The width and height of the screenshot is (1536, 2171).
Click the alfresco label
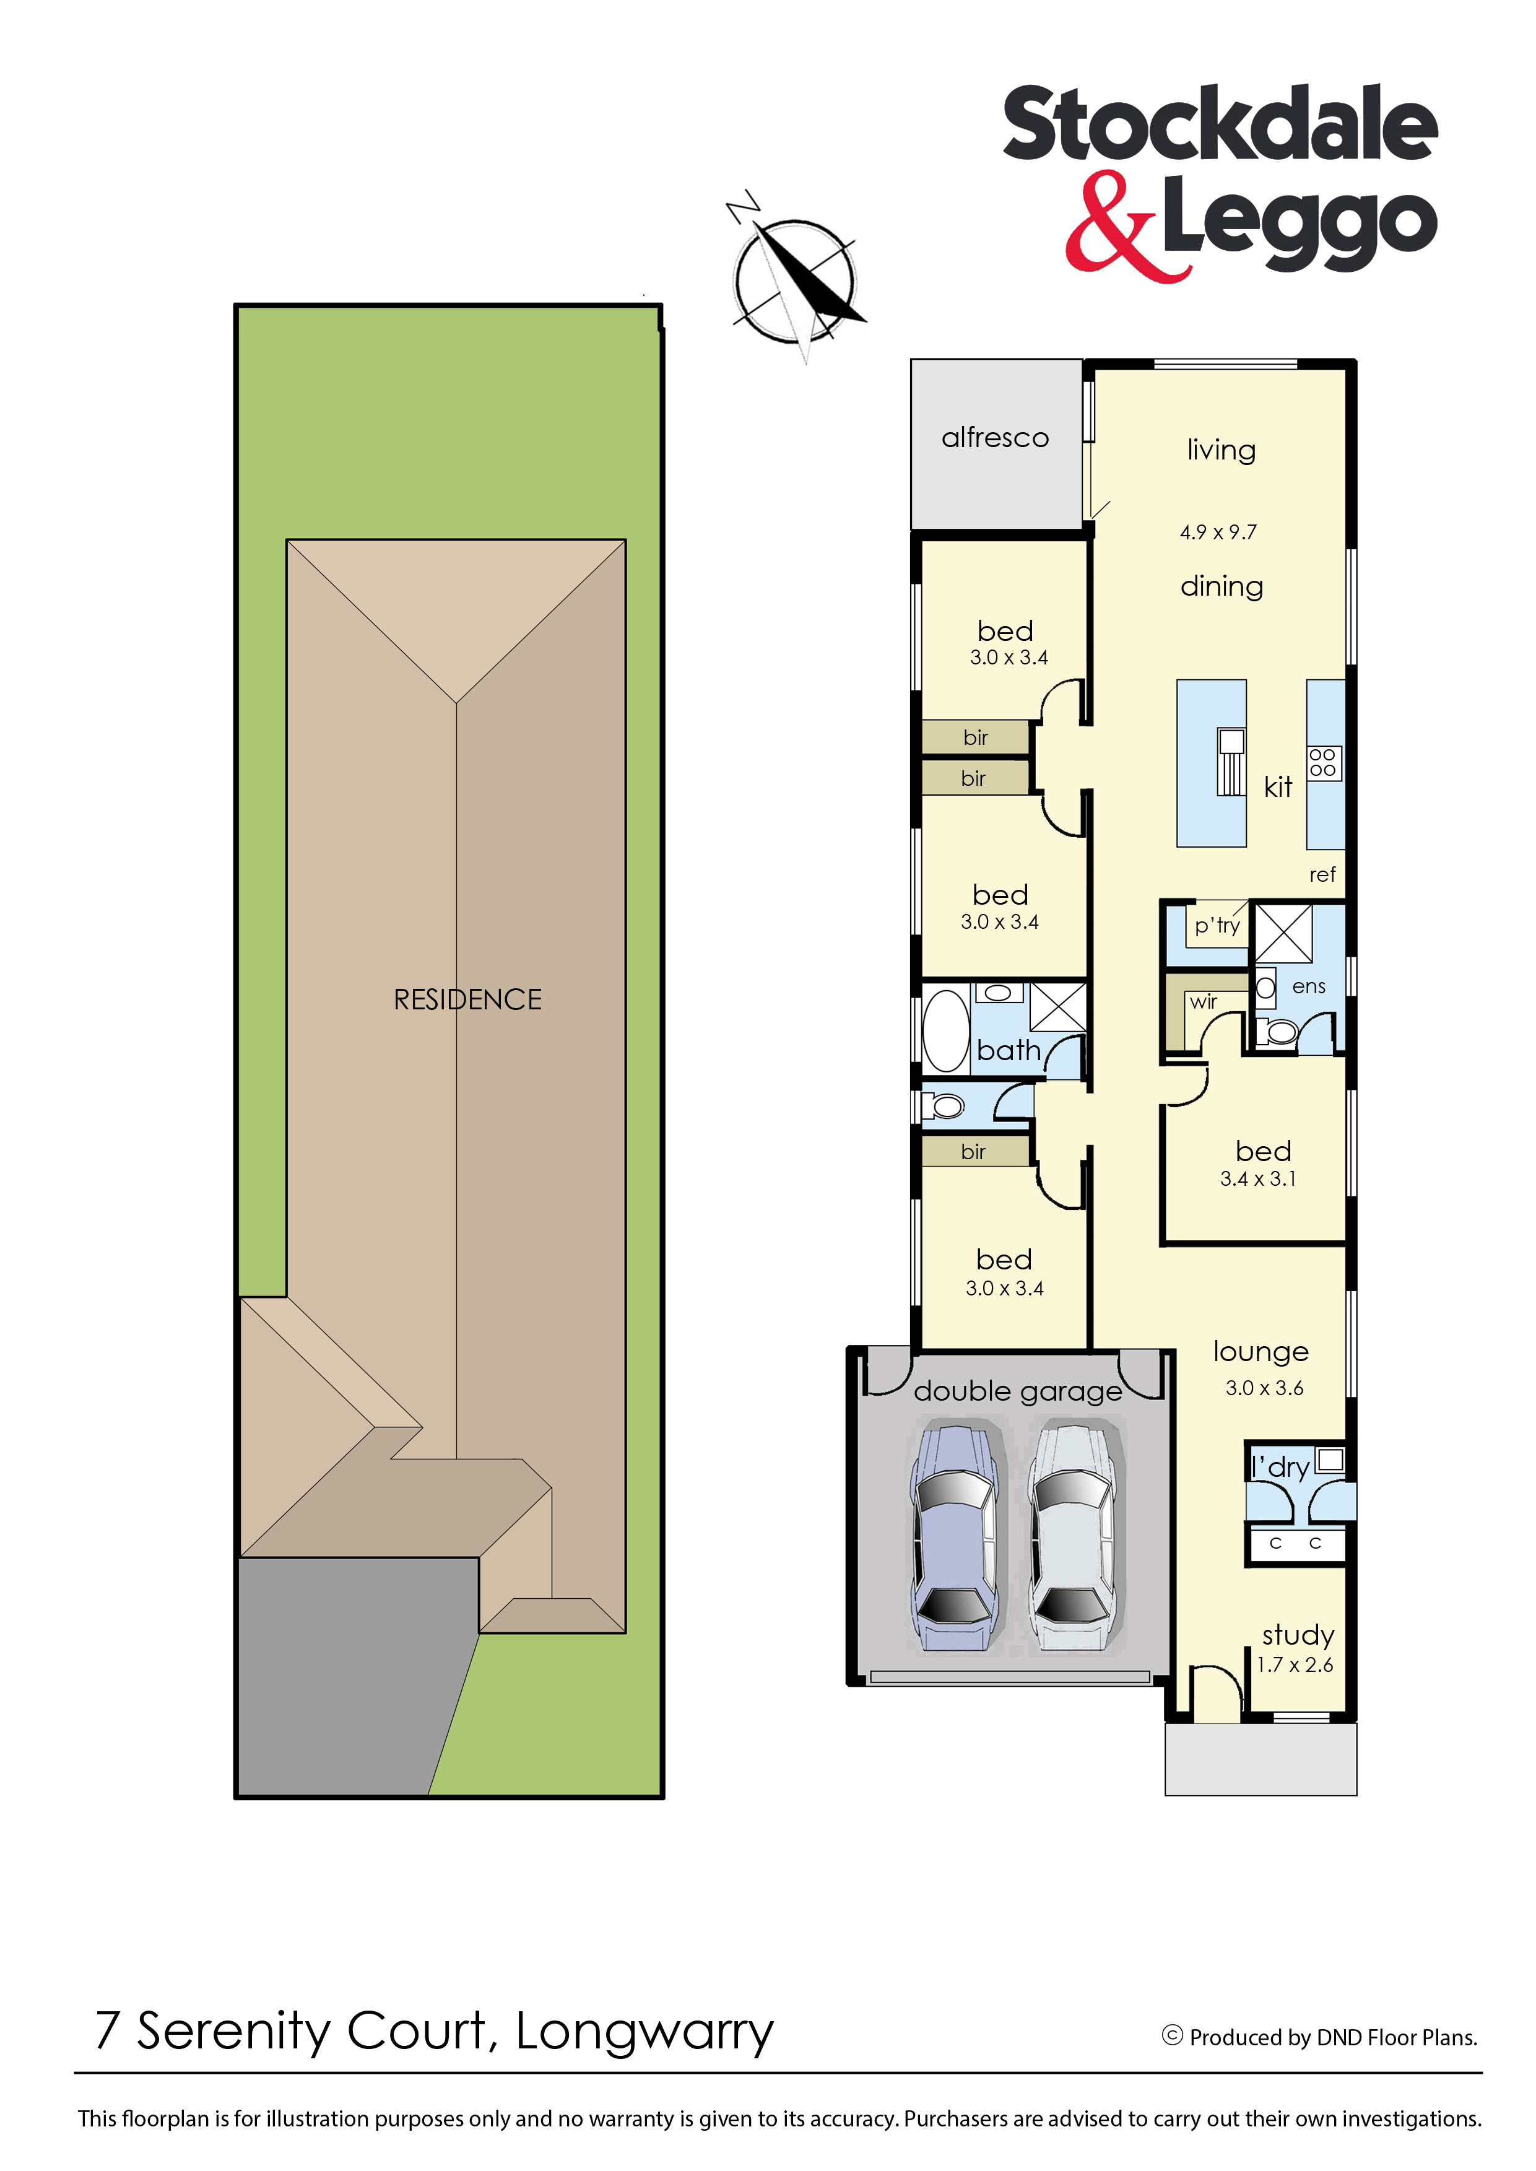995,437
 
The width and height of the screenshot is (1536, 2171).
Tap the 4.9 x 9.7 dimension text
1218,533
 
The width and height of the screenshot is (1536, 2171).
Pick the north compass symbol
796,278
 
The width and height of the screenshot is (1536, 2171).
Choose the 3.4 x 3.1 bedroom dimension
1258,1178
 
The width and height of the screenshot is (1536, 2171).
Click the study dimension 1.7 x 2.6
1295,1665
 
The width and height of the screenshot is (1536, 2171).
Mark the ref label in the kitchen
1322,875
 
